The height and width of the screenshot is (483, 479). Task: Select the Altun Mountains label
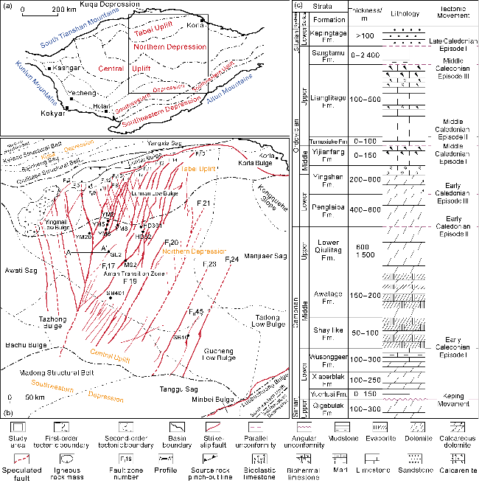coord(234,97)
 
